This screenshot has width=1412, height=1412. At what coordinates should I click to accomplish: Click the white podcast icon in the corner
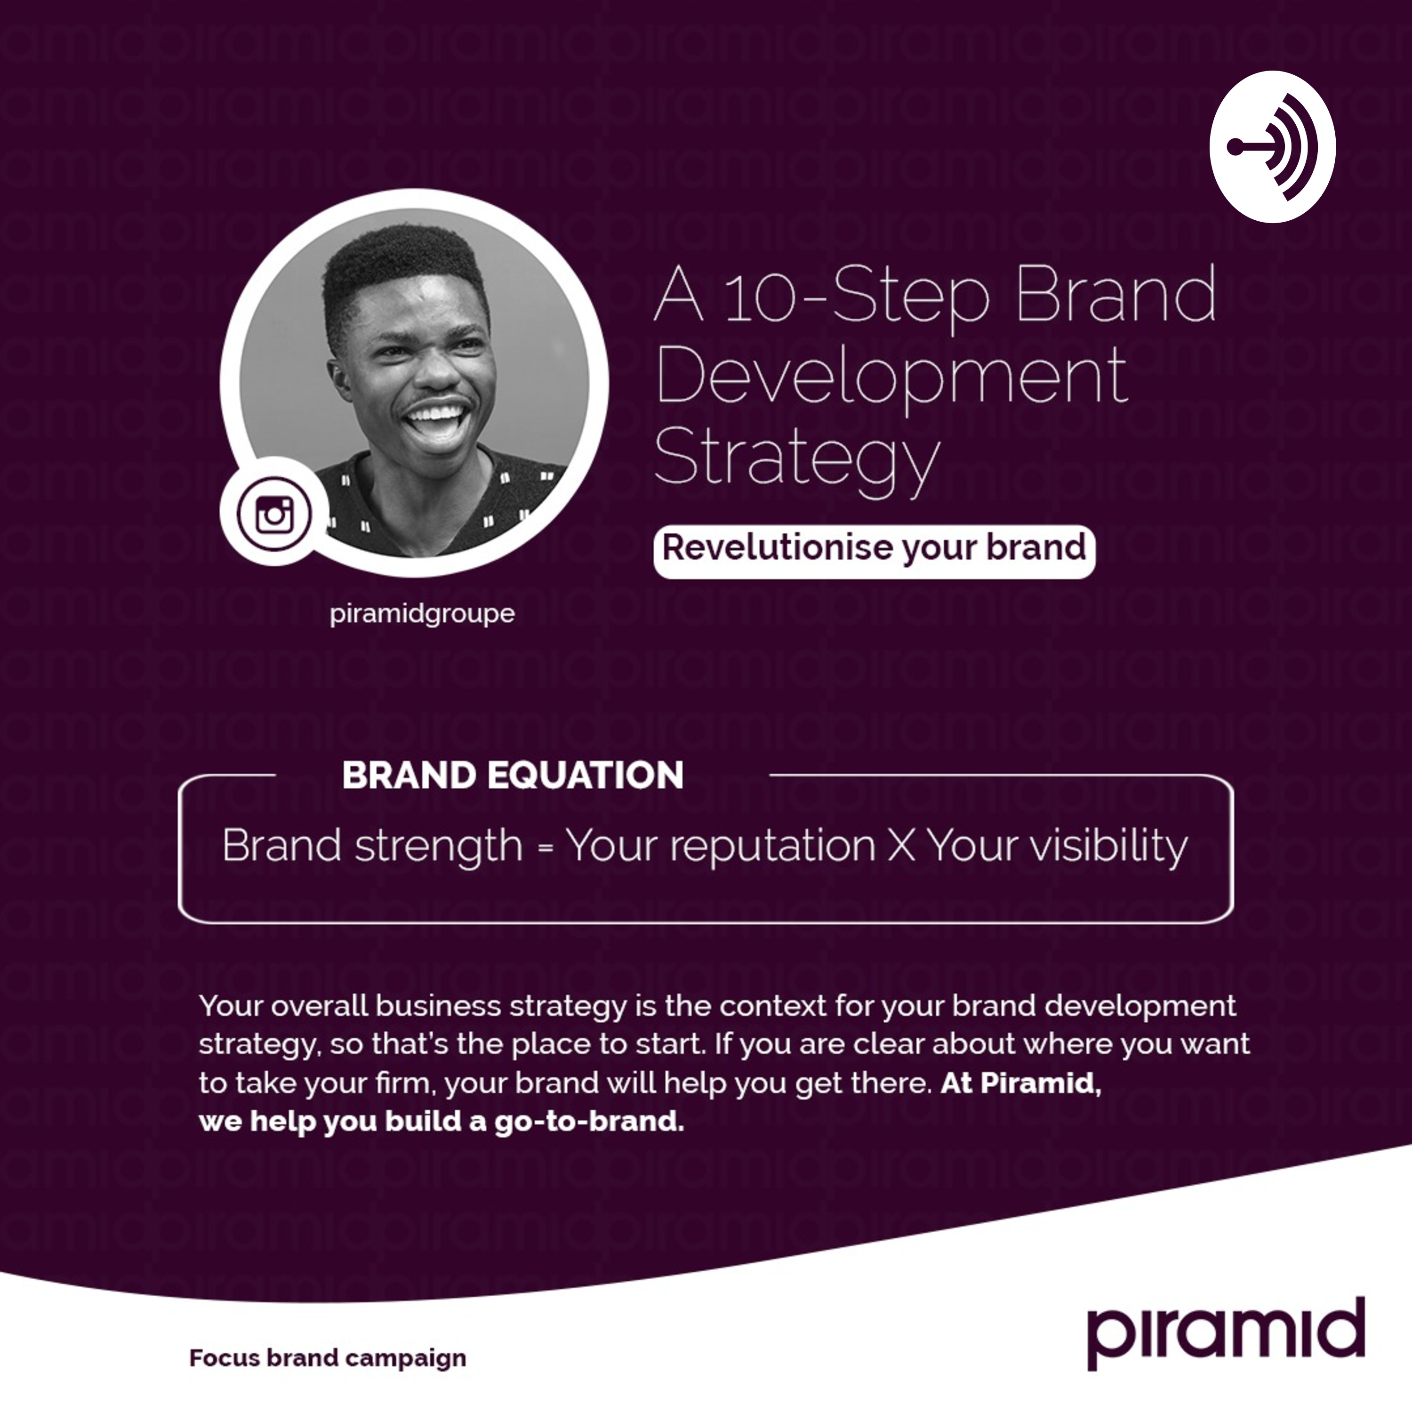(1272, 147)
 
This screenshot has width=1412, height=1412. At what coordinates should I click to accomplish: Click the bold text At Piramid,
(1021, 1083)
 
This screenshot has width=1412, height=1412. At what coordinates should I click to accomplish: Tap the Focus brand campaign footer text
(328, 1358)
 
